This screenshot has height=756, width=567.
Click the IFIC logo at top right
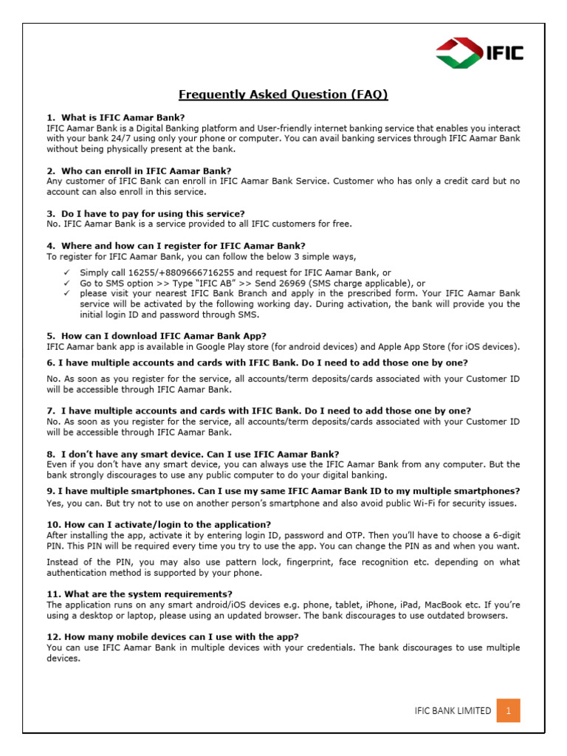[479, 52]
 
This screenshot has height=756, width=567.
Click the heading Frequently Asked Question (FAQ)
[283, 94]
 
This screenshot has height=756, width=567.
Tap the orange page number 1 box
[508, 711]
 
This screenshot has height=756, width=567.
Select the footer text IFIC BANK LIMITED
[453, 711]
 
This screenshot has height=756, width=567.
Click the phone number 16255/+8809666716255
[182, 272]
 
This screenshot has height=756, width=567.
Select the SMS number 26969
[306, 283]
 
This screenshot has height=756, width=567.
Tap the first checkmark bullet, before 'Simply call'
[66, 272]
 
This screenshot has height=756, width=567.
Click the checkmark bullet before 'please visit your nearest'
[66, 293]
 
